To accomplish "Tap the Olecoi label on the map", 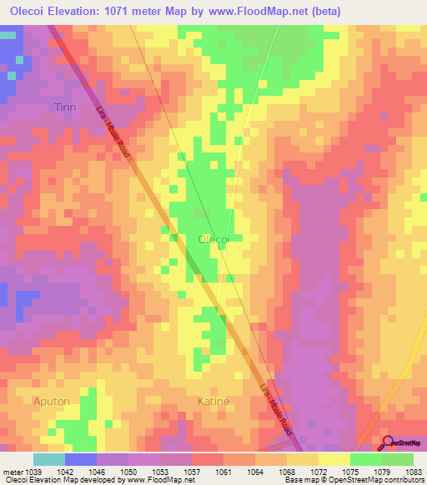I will click(x=213, y=238).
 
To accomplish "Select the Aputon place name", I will click(x=51, y=401).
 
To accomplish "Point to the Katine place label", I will click(x=213, y=401).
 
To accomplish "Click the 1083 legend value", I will click(x=414, y=472).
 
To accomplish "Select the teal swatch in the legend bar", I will click(x=49, y=459).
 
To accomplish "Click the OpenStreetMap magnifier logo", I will click(x=388, y=442).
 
